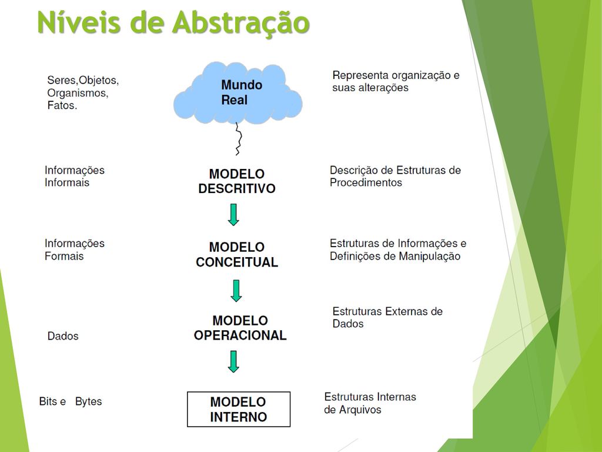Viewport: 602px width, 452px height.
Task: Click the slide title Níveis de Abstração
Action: pyautogui.click(x=173, y=24)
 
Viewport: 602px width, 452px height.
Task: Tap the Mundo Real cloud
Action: pyautogui.click(x=238, y=93)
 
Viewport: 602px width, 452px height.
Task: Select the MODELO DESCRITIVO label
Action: pyautogui.click(x=237, y=181)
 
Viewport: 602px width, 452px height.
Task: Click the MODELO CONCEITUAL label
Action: pyautogui.click(x=237, y=254)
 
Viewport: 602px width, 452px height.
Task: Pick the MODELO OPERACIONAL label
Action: pyautogui.click(x=240, y=328)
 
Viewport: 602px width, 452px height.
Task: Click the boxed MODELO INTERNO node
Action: pyautogui.click(x=239, y=409)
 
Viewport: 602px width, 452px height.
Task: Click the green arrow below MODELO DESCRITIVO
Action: pyautogui.click(x=233, y=214)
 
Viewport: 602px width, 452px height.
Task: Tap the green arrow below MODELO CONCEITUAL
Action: pyautogui.click(x=236, y=290)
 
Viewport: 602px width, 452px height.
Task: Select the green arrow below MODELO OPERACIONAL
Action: pyautogui.click(x=233, y=361)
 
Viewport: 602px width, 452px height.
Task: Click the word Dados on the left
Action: pyautogui.click(x=63, y=336)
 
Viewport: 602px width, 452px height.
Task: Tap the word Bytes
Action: pyautogui.click(x=88, y=401)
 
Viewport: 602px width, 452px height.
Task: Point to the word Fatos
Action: pyautogui.click(x=62, y=106)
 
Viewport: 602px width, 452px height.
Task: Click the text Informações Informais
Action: pyautogui.click(x=74, y=176)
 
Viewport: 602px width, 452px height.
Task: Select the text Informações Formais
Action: pyautogui.click(x=74, y=250)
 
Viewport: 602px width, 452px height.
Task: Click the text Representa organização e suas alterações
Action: pyautogui.click(x=396, y=81)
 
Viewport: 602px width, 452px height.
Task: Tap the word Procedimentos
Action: pyautogui.click(x=366, y=182)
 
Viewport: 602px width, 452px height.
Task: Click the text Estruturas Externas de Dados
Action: pyautogui.click(x=387, y=317)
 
